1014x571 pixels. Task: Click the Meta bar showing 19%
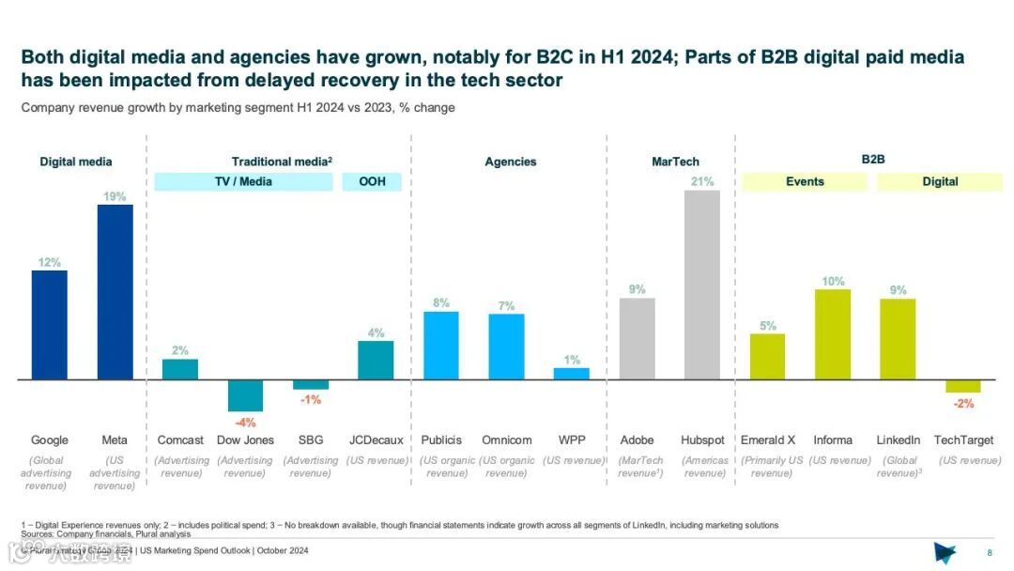pos(115,292)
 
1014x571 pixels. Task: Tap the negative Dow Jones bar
pos(245,395)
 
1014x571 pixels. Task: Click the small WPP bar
pos(571,374)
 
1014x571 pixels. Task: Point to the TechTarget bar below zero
pos(962,386)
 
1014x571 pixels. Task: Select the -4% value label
pos(245,423)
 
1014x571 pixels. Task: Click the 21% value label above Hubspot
pos(702,181)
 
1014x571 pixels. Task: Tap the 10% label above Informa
pos(833,281)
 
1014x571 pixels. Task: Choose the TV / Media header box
pos(243,181)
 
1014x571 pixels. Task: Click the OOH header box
pos(372,181)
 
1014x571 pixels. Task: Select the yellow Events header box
pos(805,181)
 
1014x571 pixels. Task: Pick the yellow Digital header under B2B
pos(940,181)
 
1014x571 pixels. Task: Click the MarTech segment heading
pos(676,162)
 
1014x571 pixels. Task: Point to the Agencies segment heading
pos(511,162)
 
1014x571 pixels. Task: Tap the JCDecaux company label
pos(376,440)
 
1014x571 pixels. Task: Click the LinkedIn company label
pos(898,440)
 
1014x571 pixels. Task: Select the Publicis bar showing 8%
pos(441,346)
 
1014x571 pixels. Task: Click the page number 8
pos(990,552)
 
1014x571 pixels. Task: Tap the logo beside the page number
pos(945,551)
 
